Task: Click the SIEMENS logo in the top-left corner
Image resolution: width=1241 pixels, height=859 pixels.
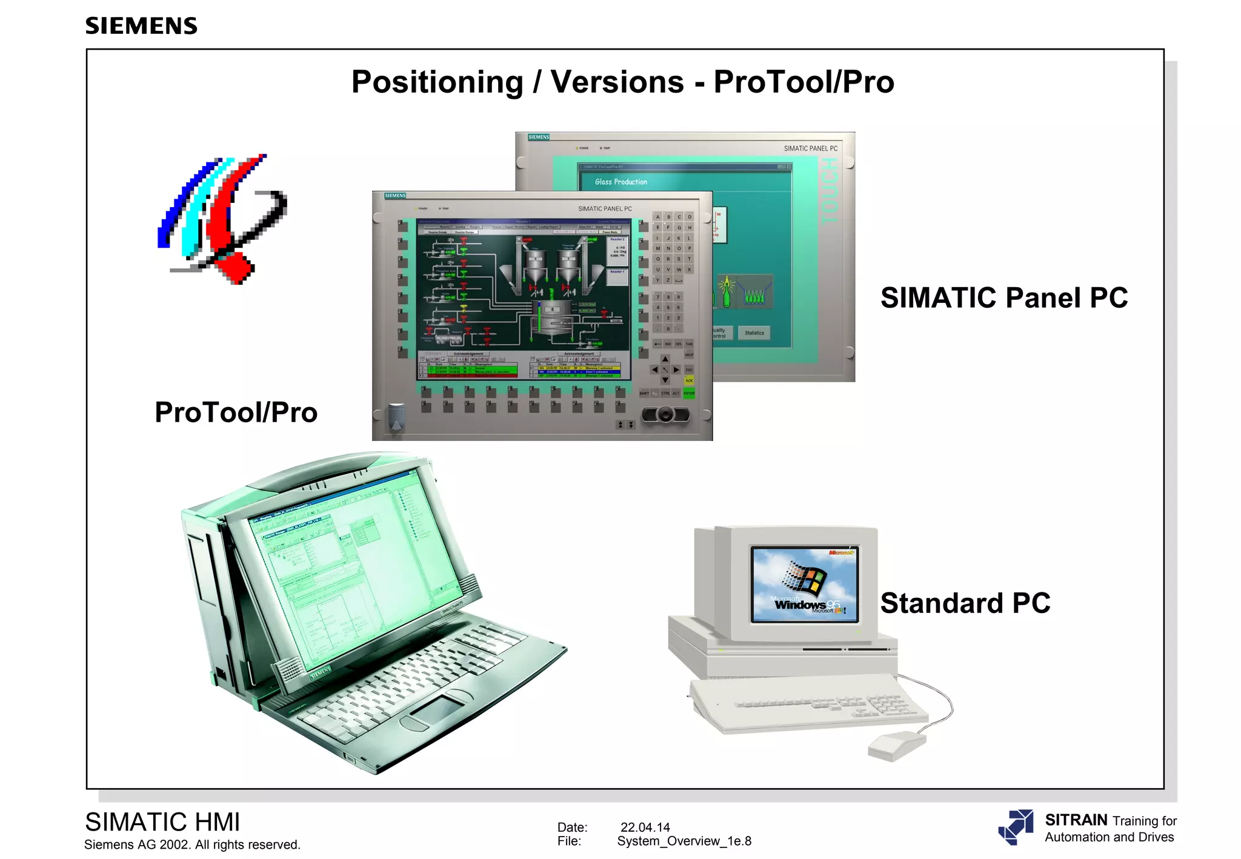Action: coord(141,26)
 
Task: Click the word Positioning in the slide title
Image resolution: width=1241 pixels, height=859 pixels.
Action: coord(437,82)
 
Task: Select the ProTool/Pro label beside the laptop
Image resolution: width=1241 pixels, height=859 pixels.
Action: coord(236,413)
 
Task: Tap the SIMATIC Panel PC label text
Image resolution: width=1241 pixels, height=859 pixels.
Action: coord(1004,298)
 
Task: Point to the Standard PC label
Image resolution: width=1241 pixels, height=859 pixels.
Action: coord(965,603)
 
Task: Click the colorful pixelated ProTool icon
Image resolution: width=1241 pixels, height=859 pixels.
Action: coord(221,219)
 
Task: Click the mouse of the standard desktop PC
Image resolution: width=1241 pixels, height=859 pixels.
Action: coord(896,746)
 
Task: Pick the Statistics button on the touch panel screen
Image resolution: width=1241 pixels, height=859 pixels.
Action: coord(754,333)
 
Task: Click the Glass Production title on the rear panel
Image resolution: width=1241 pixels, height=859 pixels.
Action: coord(621,182)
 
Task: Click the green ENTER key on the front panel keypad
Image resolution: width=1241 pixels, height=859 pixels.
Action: coord(689,393)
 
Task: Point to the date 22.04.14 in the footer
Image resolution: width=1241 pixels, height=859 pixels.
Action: coord(645,827)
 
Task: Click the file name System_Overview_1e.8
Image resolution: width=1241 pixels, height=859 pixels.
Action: coord(684,841)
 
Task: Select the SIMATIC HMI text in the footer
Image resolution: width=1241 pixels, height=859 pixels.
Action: coord(162,823)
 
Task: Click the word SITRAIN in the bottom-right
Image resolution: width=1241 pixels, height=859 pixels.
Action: coord(1076,820)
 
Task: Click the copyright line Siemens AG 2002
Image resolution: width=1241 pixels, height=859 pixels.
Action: coord(192,845)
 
